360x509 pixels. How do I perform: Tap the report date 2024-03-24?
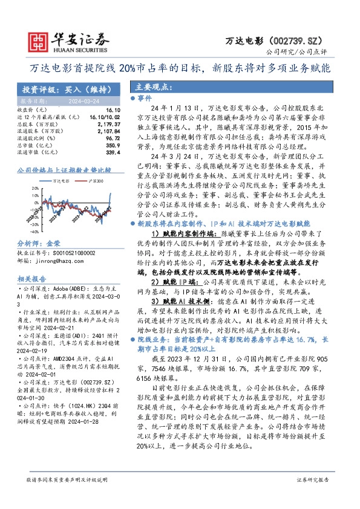coord(77,102)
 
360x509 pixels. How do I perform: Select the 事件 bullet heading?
coord(145,97)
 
